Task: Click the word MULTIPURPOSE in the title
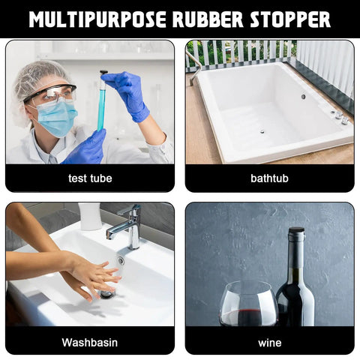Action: (x=97, y=19)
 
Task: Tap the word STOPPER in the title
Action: (x=290, y=19)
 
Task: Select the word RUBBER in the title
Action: (x=208, y=19)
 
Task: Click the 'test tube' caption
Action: (x=90, y=178)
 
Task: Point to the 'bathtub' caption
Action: (x=269, y=178)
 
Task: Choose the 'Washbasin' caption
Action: (x=90, y=342)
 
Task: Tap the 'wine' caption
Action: (x=270, y=343)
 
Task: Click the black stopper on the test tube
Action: (x=103, y=73)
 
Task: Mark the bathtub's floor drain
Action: (x=262, y=131)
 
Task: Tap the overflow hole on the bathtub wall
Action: (x=303, y=97)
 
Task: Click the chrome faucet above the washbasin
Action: (x=126, y=227)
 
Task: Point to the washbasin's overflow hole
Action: (x=121, y=260)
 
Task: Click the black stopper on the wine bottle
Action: (x=296, y=229)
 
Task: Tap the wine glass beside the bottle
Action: (x=249, y=303)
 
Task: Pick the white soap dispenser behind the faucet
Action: (x=89, y=216)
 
